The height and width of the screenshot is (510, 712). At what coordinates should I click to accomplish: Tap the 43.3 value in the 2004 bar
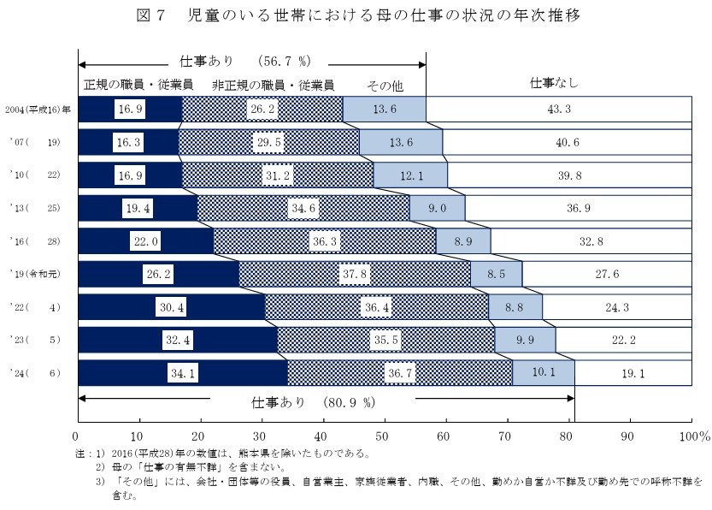(561, 110)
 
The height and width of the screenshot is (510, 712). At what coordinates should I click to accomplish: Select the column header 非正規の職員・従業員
(273, 85)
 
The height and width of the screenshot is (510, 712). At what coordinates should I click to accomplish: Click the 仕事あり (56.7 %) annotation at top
(248, 62)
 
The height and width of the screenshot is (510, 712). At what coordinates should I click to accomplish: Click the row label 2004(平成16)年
(38, 110)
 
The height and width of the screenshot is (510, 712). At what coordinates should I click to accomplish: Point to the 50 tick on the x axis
(385, 436)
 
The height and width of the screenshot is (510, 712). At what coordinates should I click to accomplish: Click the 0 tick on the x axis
(79, 436)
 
